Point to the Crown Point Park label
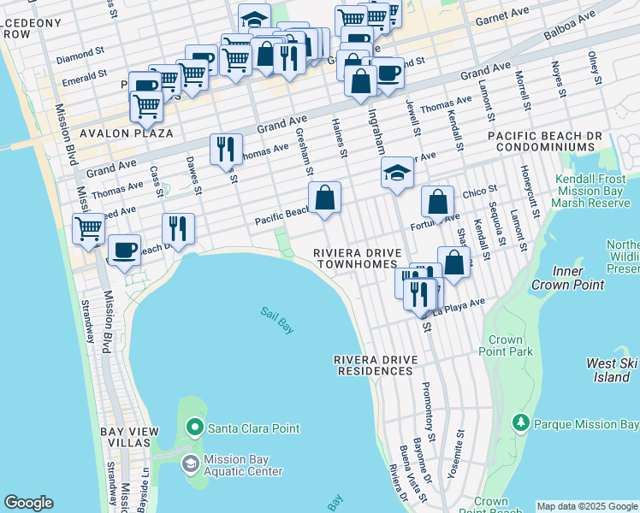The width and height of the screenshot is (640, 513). [x=506, y=345]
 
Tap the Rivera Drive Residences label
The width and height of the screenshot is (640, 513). [x=374, y=365]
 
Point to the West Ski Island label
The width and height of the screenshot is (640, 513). [x=612, y=370]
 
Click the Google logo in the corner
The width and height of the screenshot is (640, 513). [x=28, y=503]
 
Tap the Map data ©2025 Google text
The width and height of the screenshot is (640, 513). [x=587, y=506]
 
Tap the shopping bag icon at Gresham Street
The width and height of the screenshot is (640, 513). [x=325, y=198]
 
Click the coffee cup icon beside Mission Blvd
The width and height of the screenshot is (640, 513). [x=125, y=249]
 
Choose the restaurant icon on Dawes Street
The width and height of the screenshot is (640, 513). [x=178, y=227]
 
